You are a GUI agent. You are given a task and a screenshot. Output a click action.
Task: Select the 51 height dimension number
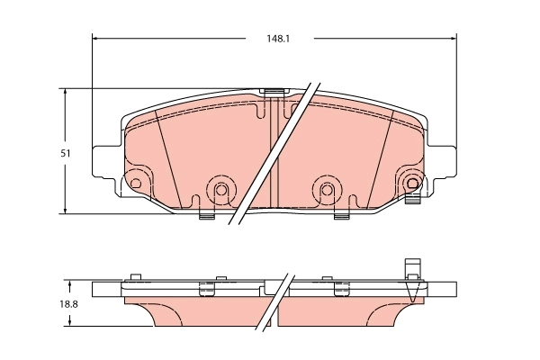[x=66, y=154]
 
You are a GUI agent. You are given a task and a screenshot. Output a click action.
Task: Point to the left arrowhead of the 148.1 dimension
[x=96, y=39]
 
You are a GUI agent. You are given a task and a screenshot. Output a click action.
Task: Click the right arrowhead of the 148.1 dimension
[x=452, y=39]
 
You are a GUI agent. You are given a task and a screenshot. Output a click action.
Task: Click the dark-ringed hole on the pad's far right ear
[x=413, y=184]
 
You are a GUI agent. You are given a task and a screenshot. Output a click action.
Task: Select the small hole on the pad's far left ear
[x=136, y=184]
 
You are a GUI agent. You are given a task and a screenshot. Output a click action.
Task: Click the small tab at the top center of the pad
[x=274, y=92]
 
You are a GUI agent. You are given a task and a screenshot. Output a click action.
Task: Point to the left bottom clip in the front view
[x=205, y=214]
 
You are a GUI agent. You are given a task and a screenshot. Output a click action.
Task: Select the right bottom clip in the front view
[x=342, y=214]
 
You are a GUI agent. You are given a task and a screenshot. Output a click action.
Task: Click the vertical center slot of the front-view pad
[x=274, y=153]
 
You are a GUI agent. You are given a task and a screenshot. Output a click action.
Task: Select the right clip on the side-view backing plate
[x=341, y=288]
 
